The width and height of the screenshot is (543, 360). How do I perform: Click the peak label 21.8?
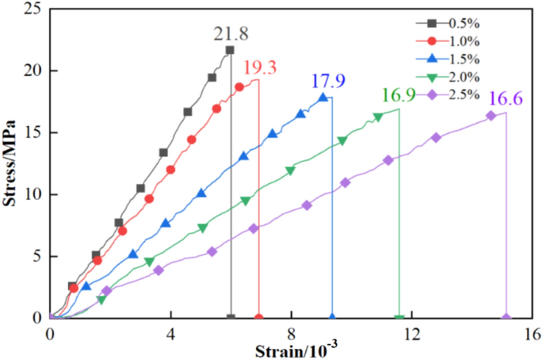230,34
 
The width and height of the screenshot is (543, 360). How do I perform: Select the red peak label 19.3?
260,68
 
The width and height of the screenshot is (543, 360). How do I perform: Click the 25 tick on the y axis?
34,9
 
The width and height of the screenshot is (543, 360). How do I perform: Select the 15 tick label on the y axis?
34,132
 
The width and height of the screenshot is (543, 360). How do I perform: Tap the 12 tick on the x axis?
411,334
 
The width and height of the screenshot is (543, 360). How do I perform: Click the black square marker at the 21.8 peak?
230,50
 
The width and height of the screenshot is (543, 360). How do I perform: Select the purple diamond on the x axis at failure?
507,317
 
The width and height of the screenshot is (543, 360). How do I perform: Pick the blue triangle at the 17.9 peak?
323,98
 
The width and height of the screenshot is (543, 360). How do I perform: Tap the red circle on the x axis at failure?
259,317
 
